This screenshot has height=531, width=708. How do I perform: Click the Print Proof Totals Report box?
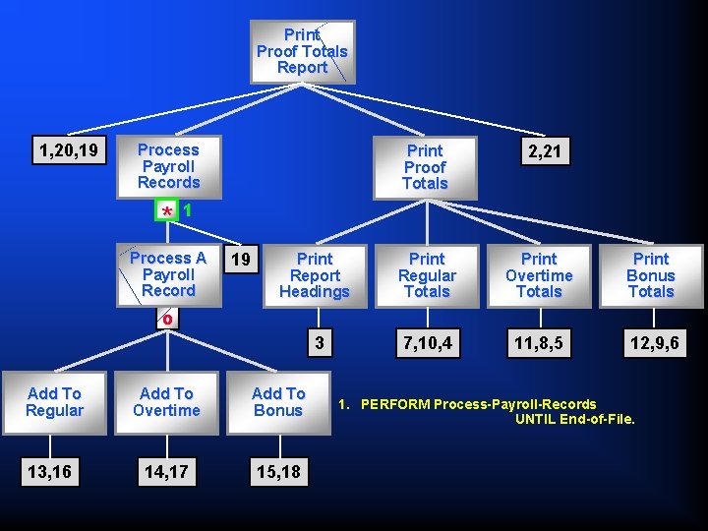[302, 51]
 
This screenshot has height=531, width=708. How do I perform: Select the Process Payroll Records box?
[168, 166]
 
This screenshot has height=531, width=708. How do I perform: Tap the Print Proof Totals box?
[425, 167]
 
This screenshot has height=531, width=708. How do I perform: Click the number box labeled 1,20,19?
[69, 150]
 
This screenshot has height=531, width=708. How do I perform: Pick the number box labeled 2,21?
[544, 152]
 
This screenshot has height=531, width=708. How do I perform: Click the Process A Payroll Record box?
[168, 274]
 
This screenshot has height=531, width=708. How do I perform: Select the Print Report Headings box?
[315, 275]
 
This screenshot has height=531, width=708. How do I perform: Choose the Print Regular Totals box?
[427, 275]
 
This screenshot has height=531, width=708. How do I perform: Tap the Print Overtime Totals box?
[539, 275]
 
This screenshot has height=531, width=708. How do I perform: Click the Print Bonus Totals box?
[651, 275]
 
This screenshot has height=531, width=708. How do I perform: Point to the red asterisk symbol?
[168, 211]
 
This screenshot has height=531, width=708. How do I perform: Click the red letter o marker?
[168, 319]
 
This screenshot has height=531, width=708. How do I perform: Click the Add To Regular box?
[54, 402]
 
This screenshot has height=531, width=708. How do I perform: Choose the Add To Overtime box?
[166, 402]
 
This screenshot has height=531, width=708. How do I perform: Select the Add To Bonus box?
[278, 402]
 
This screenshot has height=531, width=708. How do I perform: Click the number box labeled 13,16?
[48, 472]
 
